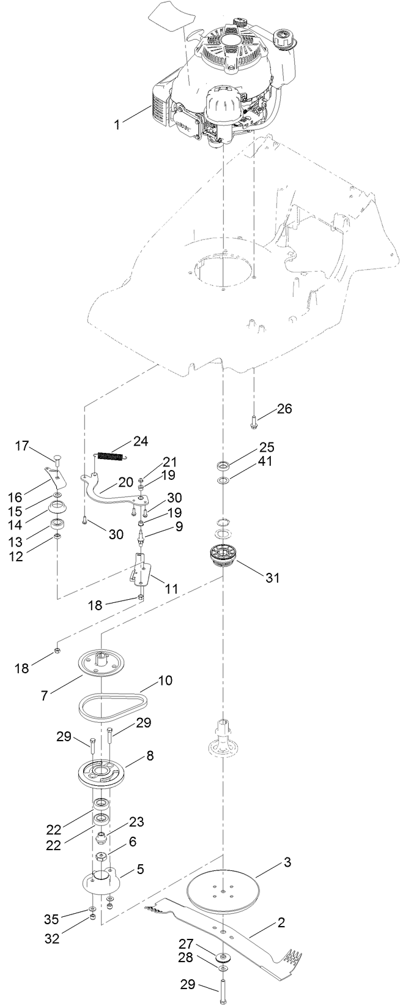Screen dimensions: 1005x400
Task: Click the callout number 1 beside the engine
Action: pos(116,124)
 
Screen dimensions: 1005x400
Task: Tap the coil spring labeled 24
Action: pos(112,456)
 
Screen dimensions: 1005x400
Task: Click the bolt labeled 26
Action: pos(254,420)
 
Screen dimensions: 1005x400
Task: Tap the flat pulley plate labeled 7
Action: pos(100,663)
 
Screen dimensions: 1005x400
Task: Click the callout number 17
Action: pos(22,446)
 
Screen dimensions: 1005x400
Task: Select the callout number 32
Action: pos(52,938)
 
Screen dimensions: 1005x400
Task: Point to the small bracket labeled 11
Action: pos(140,569)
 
